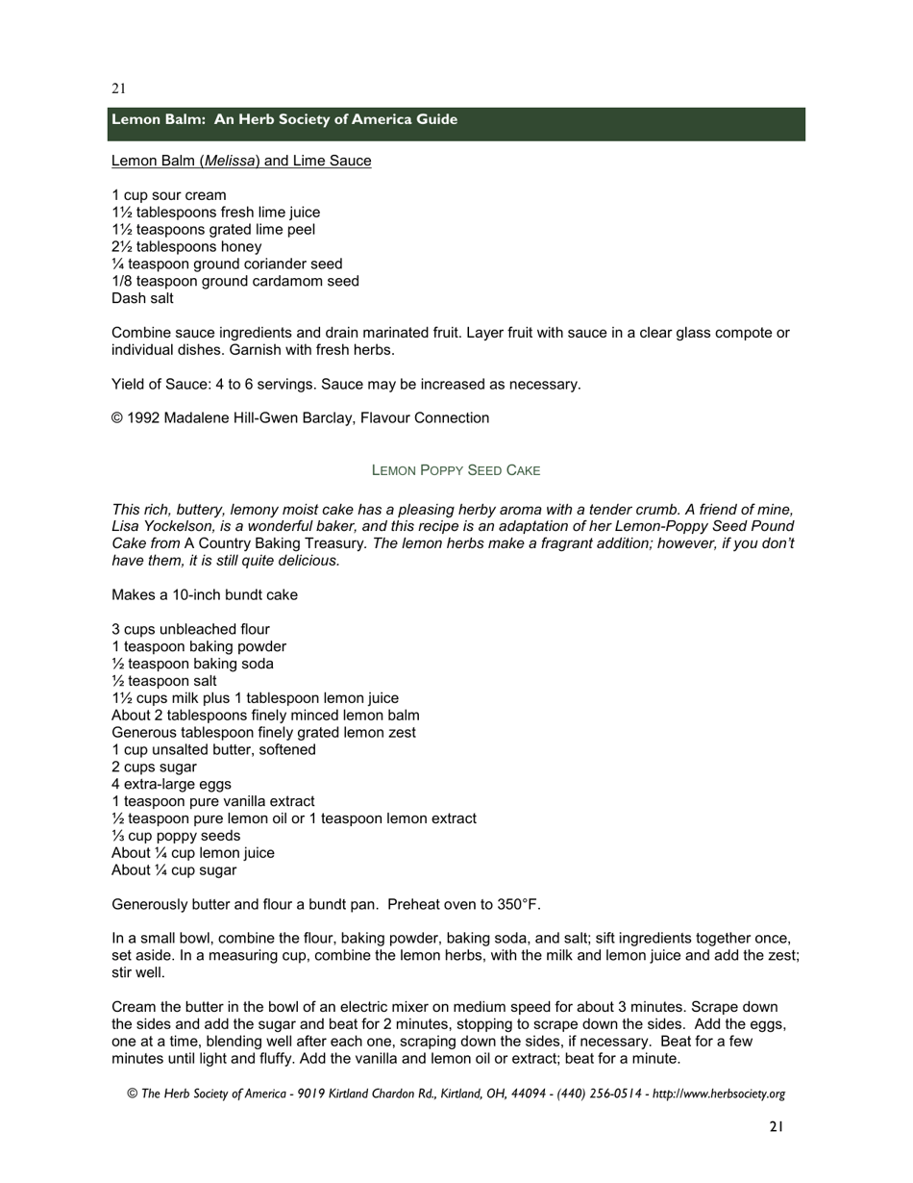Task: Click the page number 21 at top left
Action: pos(118,88)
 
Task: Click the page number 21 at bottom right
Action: pos(777,1126)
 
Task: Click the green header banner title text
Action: pos(284,119)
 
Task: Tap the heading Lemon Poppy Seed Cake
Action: pos(456,470)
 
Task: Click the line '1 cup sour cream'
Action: pos(169,195)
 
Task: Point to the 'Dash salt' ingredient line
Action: pos(142,298)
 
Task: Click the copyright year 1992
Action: pos(142,418)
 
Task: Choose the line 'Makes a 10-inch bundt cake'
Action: pos(205,595)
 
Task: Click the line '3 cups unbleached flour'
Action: pos(190,630)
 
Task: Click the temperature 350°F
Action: pos(519,904)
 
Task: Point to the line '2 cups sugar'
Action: pos(154,767)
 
